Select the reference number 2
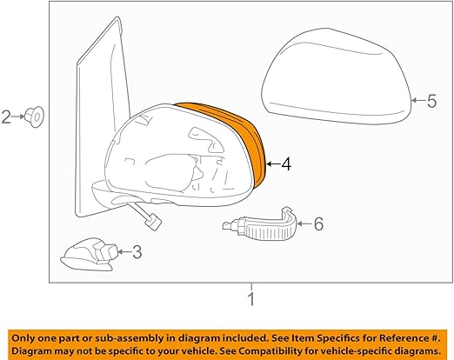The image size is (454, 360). (7, 116)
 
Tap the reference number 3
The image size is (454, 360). (137, 252)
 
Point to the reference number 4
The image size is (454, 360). (286, 163)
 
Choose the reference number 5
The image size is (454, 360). (431, 102)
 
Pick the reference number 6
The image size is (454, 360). (317, 225)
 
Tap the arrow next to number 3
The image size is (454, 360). (124, 252)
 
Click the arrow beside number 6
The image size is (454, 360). (304, 225)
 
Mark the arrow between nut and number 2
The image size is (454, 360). (19, 116)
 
